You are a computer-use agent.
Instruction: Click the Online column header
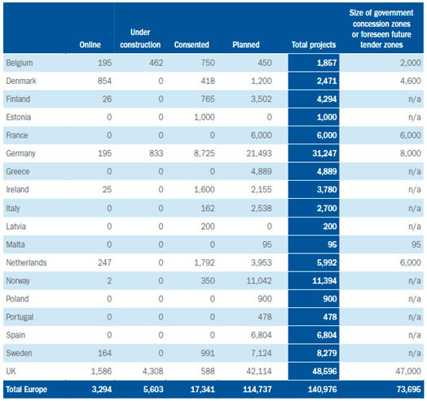click(x=90, y=45)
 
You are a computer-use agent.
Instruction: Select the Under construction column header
click(x=140, y=38)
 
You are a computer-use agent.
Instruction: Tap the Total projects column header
click(x=314, y=45)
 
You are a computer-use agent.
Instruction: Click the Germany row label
click(x=20, y=153)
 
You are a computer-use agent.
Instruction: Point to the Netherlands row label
click(x=26, y=262)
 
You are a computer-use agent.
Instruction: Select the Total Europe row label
click(x=26, y=390)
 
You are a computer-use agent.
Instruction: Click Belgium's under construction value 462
click(x=156, y=63)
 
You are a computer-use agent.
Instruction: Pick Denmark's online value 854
click(x=105, y=81)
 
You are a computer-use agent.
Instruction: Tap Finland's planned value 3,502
click(x=262, y=99)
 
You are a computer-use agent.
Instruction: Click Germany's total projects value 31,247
click(x=324, y=153)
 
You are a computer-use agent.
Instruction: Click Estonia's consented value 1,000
click(x=205, y=117)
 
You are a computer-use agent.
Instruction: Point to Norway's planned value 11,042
click(x=259, y=280)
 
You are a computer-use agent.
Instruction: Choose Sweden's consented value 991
click(x=208, y=353)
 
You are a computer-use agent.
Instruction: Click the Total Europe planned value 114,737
click(x=258, y=390)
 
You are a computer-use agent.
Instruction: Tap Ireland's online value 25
click(x=107, y=190)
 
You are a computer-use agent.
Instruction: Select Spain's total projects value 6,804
click(x=327, y=335)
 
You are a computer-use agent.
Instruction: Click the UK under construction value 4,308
click(x=153, y=371)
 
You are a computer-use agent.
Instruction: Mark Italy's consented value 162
click(x=208, y=209)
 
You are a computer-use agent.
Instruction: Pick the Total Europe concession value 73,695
click(x=409, y=390)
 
